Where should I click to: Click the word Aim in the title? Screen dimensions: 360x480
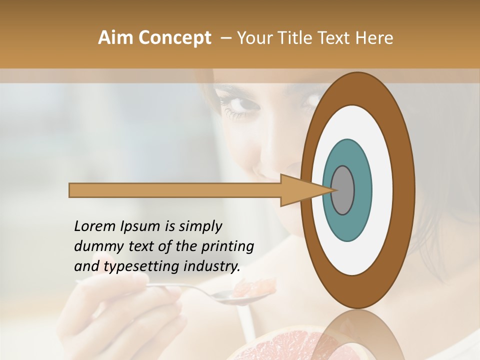click(115, 38)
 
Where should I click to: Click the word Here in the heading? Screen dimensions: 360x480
click(374, 38)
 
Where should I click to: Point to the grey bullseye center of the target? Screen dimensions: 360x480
click(343, 190)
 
